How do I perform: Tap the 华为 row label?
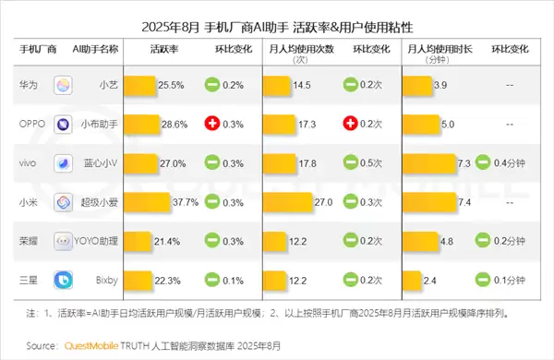click(x=29, y=84)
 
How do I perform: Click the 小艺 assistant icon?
click(x=64, y=85)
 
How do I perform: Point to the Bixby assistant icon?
click(x=64, y=279)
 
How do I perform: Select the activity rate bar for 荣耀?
click(x=138, y=240)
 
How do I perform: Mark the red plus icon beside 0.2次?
click(x=350, y=124)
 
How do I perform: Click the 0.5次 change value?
click(x=373, y=162)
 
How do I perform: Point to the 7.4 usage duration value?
click(x=464, y=201)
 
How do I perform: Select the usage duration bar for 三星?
click(x=412, y=279)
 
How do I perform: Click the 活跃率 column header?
click(x=163, y=47)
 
